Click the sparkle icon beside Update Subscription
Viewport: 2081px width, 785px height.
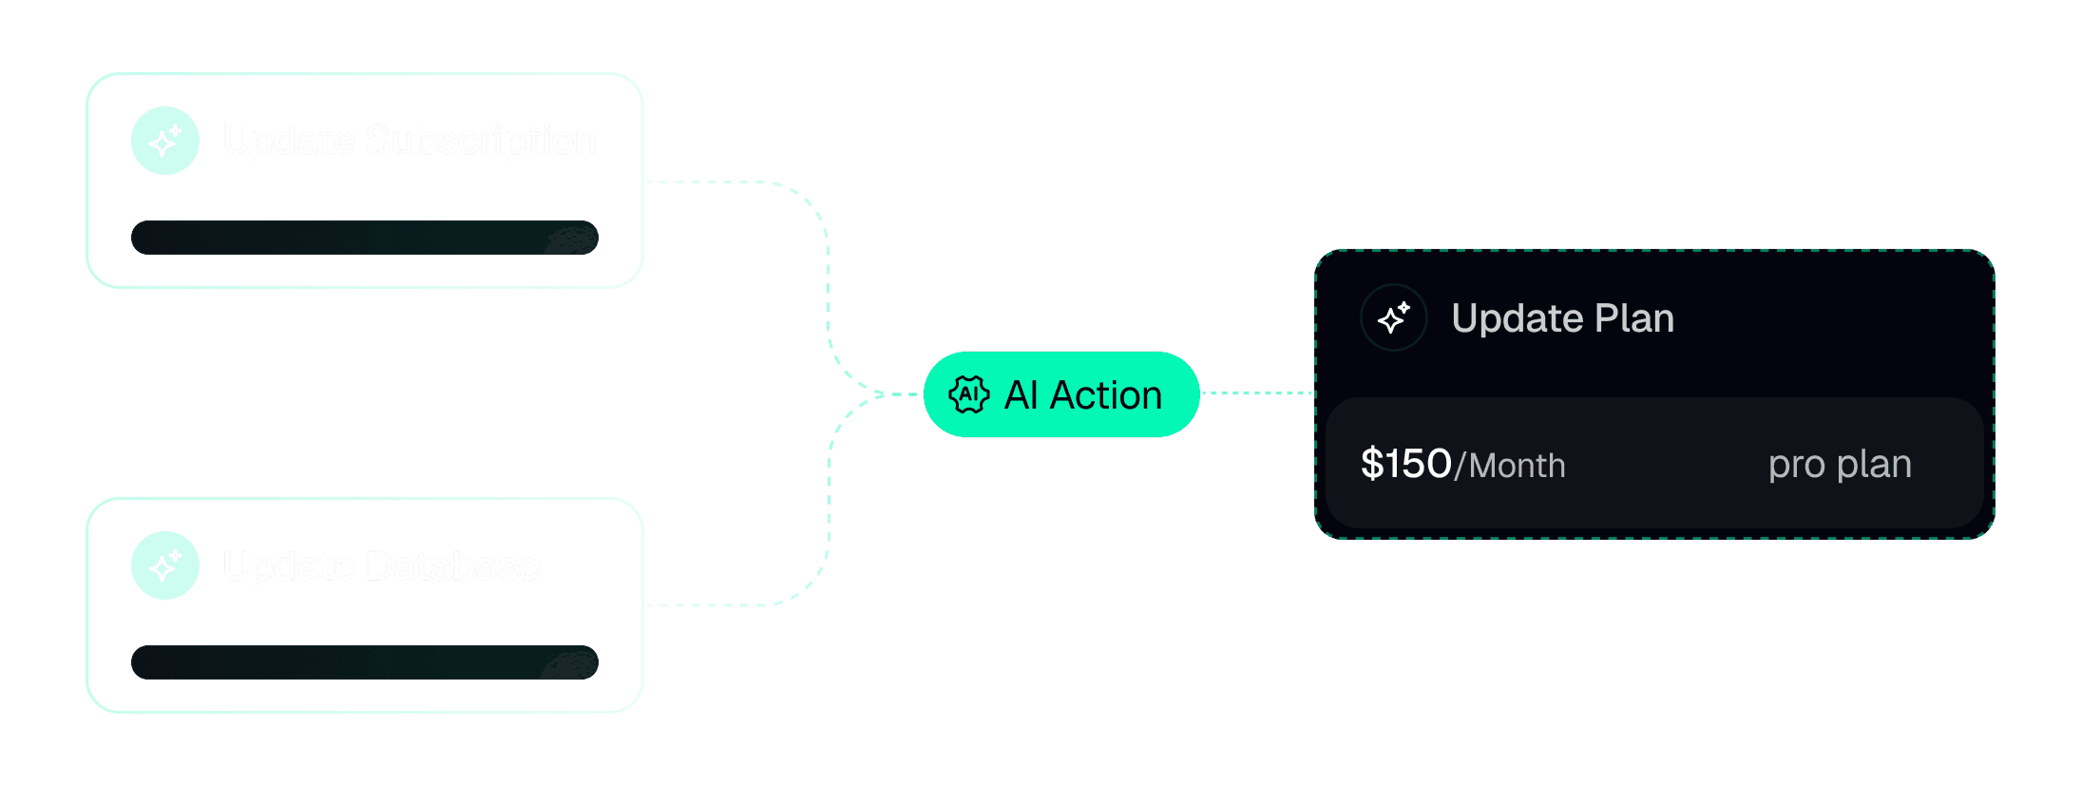pos(165,141)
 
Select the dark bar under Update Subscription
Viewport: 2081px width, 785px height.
pos(364,238)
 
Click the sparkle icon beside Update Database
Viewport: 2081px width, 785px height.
pos(165,565)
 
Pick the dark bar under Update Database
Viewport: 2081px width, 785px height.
pos(364,662)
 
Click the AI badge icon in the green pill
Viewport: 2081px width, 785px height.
pos(969,394)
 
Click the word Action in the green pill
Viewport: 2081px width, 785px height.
pos(1106,395)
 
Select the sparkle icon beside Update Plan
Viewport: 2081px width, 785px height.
pos(1394,317)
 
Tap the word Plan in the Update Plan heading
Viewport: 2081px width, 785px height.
pos(1634,318)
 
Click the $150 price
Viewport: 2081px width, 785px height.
pos(1405,464)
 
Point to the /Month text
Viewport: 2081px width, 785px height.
pos(1511,466)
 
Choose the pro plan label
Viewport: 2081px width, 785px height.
pos(1840,464)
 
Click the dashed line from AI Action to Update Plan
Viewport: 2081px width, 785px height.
pos(1256,392)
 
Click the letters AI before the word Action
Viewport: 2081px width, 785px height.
pos(1021,395)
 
